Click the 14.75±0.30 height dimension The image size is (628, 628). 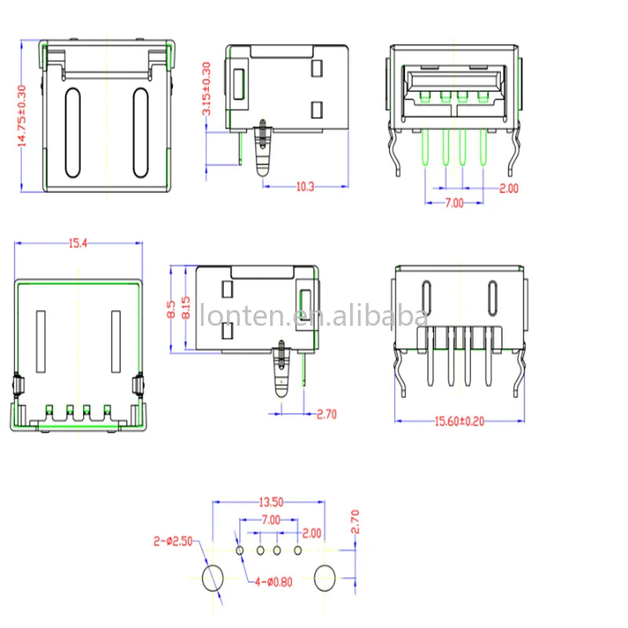21,115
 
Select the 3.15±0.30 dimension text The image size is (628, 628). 207,89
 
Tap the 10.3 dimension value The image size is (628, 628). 305,187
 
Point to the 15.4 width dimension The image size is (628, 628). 77,244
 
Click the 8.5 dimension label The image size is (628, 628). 172,308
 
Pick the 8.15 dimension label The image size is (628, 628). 186,308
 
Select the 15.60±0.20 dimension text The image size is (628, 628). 459,422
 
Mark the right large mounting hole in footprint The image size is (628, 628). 324,579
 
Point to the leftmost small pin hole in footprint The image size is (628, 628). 241,550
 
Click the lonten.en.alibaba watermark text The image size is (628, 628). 312,316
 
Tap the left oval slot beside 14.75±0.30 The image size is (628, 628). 72,132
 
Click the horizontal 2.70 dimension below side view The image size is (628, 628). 327,414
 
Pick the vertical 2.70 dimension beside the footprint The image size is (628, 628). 354,524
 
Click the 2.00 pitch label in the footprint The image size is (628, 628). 312,533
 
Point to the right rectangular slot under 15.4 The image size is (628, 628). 115,342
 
